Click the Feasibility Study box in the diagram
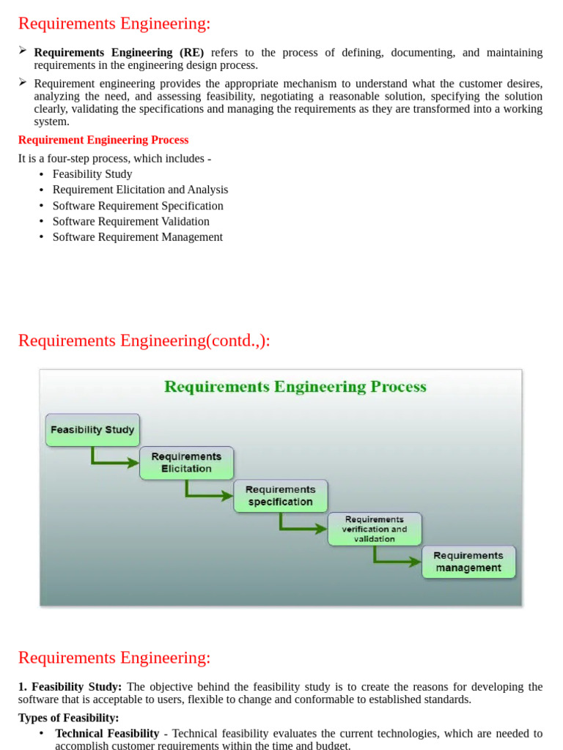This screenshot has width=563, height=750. [92, 430]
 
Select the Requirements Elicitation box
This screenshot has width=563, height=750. [186, 463]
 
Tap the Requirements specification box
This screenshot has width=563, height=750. [280, 496]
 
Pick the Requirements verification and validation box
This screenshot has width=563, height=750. [375, 529]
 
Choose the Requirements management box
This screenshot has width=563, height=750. [468, 562]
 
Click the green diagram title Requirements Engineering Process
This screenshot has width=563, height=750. [295, 387]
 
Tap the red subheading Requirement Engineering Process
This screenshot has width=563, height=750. [103, 140]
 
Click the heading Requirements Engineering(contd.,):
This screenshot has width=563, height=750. [144, 341]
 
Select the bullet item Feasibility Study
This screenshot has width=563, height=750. [92, 174]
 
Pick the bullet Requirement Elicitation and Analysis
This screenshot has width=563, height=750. [140, 190]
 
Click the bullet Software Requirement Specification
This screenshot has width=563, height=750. [138, 206]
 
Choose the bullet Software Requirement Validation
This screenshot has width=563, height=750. [130, 221]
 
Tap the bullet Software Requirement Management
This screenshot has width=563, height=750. [137, 237]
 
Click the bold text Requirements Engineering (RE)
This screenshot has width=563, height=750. [119, 53]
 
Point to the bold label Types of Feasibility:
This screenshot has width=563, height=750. [68, 718]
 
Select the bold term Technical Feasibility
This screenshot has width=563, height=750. [107, 733]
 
